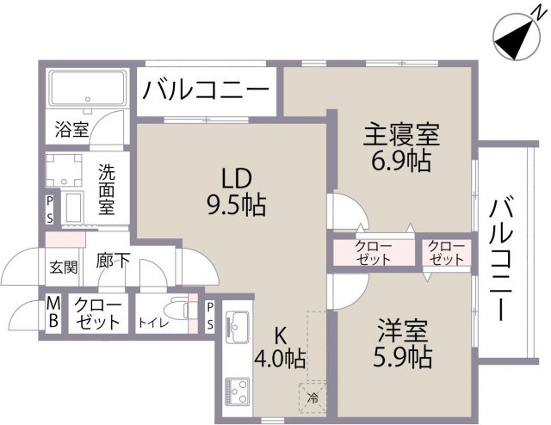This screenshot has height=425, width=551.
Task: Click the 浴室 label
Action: click(x=71, y=130)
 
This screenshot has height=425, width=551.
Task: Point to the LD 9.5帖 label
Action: click(x=234, y=192)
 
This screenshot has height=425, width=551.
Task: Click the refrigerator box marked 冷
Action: click(x=311, y=397)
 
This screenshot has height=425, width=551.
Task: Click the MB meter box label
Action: click(x=53, y=312)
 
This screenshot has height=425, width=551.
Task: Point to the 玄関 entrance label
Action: click(x=63, y=266)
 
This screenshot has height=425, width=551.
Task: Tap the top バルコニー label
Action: click(x=207, y=89)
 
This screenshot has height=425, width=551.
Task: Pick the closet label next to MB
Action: click(x=97, y=313)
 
